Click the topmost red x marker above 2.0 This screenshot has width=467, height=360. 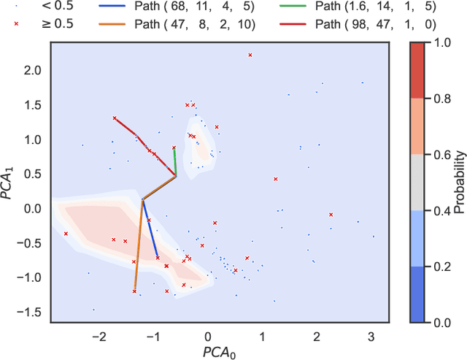tap(250, 55)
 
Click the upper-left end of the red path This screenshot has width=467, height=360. tap(115, 118)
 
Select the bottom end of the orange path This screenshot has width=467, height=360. tap(134, 291)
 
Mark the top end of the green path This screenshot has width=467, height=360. tap(174, 148)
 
